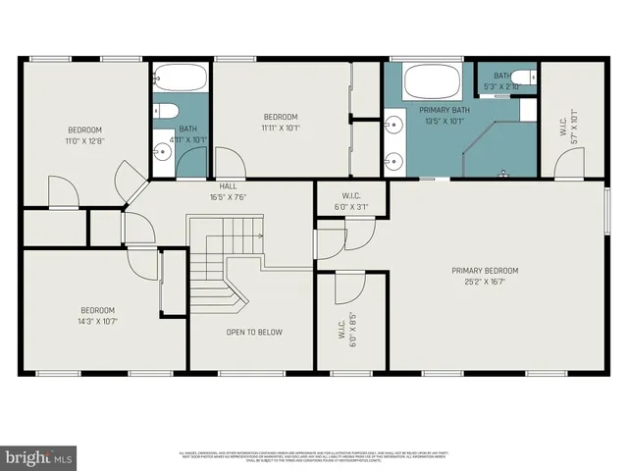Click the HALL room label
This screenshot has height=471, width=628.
click(227, 185)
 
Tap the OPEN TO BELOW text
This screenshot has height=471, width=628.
click(254, 333)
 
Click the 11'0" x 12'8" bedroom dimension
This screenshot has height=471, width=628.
click(84, 140)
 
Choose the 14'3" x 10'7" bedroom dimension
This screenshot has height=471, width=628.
click(97, 320)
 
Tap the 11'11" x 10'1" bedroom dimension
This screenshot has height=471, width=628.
click(281, 128)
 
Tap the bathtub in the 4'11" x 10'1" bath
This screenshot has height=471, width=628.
click(182, 78)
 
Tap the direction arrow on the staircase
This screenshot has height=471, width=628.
click(259, 235)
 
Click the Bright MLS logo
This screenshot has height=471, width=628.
click(39, 457)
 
